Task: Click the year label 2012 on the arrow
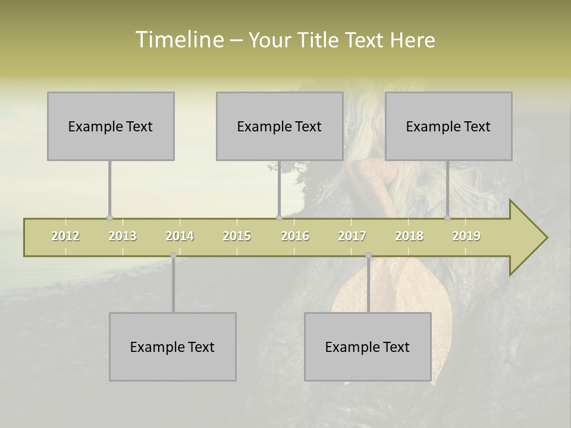click(65, 236)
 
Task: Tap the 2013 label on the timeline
click(123, 236)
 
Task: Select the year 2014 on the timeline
click(180, 236)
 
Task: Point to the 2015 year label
click(237, 236)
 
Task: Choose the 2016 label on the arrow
click(295, 236)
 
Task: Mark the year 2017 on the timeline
click(352, 236)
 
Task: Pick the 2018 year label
click(409, 236)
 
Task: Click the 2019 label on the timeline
click(466, 236)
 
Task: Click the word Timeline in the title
click(178, 40)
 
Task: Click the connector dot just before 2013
click(109, 218)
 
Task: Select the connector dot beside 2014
click(173, 255)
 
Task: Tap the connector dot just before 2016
click(279, 218)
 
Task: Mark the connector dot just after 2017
click(368, 255)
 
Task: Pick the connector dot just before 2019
click(447, 218)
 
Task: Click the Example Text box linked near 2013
click(111, 126)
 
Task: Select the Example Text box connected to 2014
click(172, 347)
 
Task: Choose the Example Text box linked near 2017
click(368, 347)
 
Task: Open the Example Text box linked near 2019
click(448, 126)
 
